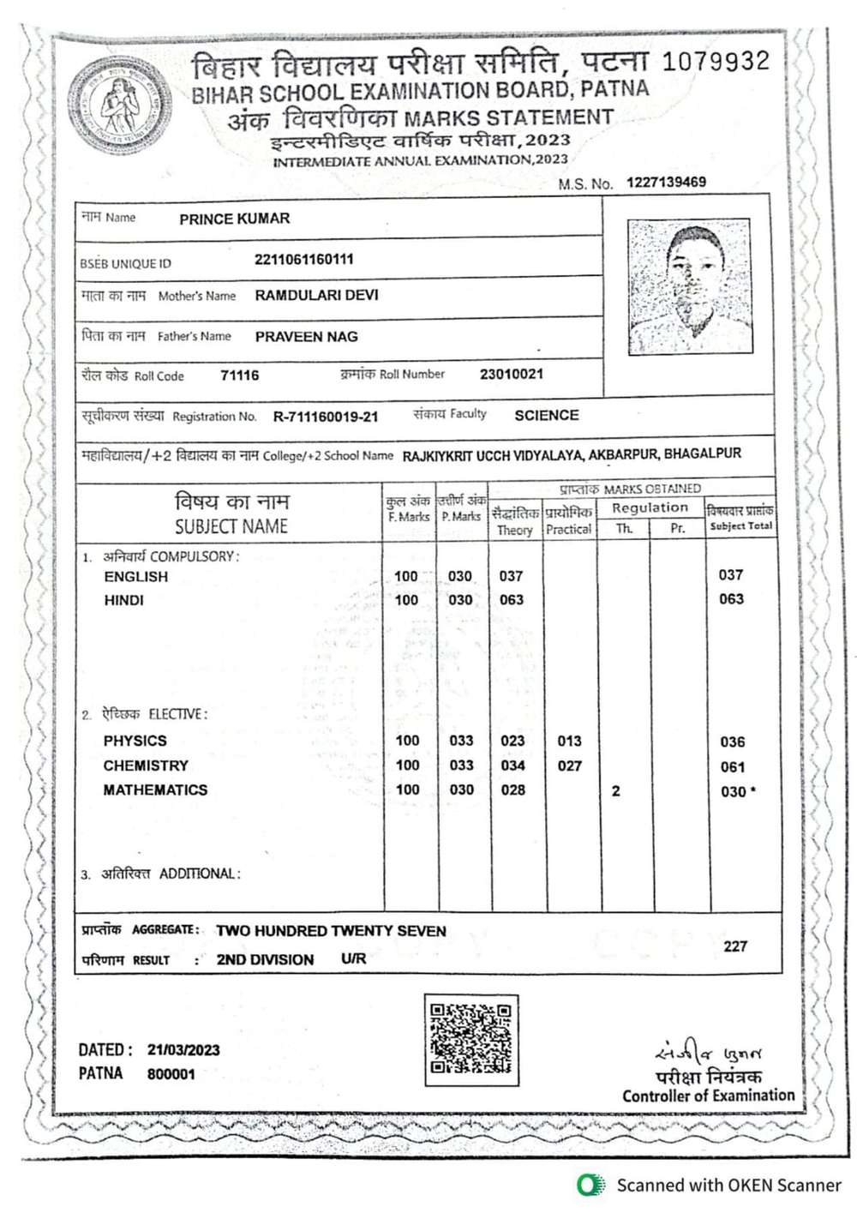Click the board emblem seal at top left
pyautogui.click(x=120, y=105)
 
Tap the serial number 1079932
pyautogui.click(x=716, y=61)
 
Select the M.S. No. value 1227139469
pyautogui.click(x=666, y=182)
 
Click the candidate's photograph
pyautogui.click(x=690, y=287)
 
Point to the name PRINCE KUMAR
pyautogui.click(x=234, y=219)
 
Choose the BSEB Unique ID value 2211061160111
pyautogui.click(x=303, y=260)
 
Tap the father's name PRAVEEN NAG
pyautogui.click(x=306, y=337)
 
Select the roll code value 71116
pyautogui.click(x=239, y=375)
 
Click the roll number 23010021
pyautogui.click(x=511, y=374)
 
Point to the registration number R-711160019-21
pyautogui.click(x=325, y=417)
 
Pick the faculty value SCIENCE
pyautogui.click(x=546, y=415)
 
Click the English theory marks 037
pyautogui.click(x=511, y=576)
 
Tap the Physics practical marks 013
pyautogui.click(x=569, y=741)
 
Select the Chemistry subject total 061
pyautogui.click(x=732, y=767)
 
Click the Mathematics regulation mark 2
pyautogui.click(x=615, y=791)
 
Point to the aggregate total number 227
pyautogui.click(x=735, y=946)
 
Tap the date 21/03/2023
pyautogui.click(x=183, y=1049)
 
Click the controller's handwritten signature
pyautogui.click(x=707, y=1052)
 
